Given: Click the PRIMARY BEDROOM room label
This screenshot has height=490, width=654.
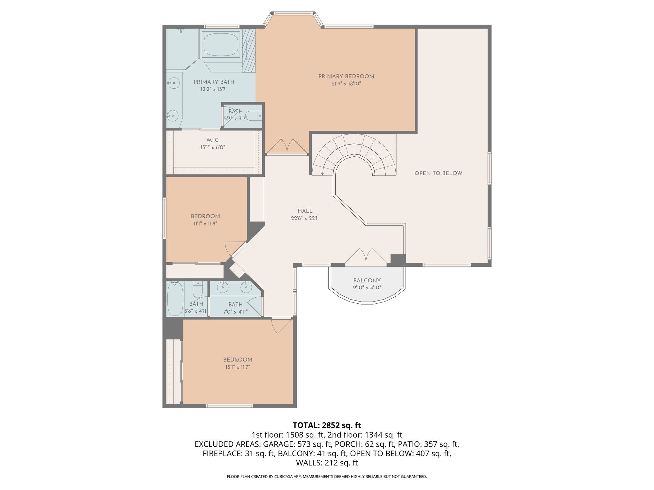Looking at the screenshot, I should (346, 76).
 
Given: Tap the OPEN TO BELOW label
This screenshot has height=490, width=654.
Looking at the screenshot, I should (438, 173).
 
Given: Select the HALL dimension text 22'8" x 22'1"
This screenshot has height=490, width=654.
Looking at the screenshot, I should (305, 218).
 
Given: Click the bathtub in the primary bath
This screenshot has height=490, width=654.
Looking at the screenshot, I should (221, 45).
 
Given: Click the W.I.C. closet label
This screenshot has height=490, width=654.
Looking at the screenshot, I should (213, 140).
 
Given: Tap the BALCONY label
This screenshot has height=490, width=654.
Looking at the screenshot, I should (367, 280).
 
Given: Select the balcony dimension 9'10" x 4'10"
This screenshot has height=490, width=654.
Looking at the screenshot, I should (367, 288).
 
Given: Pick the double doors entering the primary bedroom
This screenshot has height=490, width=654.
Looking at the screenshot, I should (287, 147).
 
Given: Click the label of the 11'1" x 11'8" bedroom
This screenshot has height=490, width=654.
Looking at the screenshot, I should (205, 216).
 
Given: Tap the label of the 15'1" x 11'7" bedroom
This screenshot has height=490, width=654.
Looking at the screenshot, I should (238, 360).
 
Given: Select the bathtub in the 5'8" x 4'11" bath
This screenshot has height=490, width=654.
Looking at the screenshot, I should (175, 299).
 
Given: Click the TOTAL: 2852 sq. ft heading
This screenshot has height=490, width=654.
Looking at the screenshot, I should (327, 425).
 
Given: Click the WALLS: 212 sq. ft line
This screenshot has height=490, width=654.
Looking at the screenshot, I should (327, 463).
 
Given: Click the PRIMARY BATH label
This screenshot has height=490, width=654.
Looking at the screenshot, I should (214, 82).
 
